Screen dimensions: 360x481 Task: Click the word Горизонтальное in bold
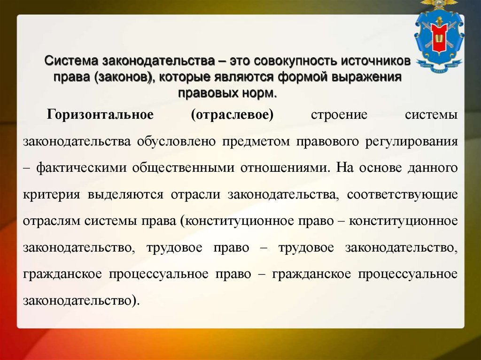pyautogui.click(x=100, y=115)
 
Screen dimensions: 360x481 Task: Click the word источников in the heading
pyautogui.click(x=375, y=61)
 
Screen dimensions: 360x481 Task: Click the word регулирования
pyautogui.click(x=412, y=142)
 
